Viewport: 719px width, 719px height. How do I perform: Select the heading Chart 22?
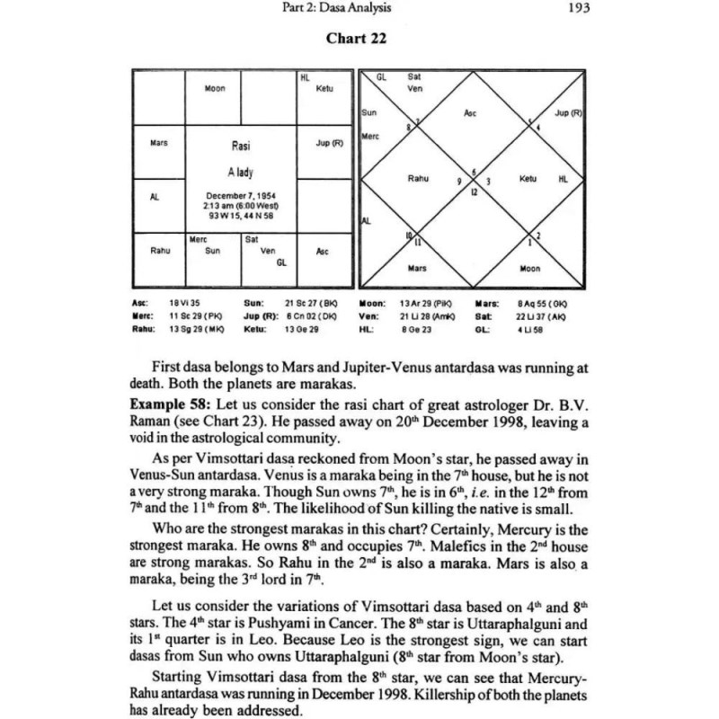point(358,39)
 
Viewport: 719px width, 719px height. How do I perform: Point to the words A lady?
point(240,172)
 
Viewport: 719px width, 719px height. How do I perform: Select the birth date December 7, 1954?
point(239,195)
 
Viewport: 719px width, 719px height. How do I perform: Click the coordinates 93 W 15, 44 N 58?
point(239,214)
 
